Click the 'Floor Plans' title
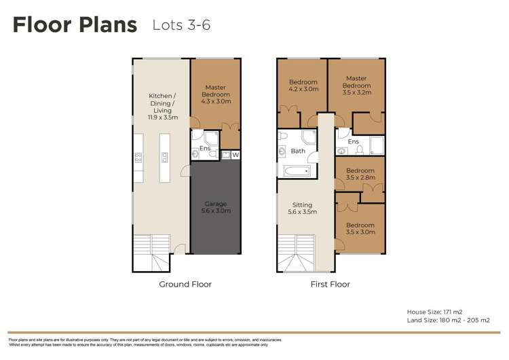tap(75, 26)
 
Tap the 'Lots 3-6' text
tap(181, 26)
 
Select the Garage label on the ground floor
tap(216, 207)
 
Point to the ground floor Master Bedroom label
tap(216, 94)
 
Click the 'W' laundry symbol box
tap(235, 155)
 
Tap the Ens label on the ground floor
tap(204, 147)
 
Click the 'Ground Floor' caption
tap(185, 284)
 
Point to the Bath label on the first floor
tap(298, 151)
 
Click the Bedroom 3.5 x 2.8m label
tap(360, 174)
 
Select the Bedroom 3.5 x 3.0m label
tap(360, 228)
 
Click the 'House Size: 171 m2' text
tap(435, 312)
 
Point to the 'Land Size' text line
tap(448, 320)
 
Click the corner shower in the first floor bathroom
tap(308, 139)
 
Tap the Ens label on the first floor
tap(354, 141)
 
